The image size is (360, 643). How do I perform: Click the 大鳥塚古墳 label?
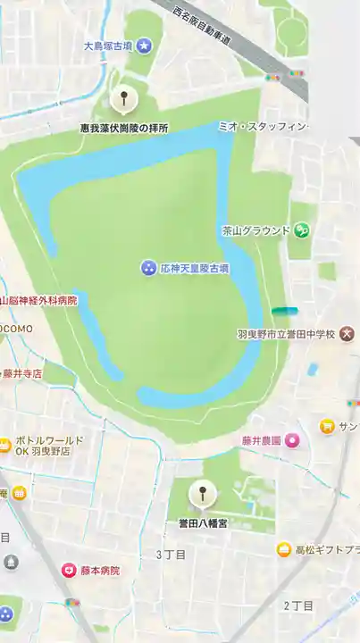107,45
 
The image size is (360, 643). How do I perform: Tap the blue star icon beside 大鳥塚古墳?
144,45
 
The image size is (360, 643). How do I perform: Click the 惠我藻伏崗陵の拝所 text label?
123,129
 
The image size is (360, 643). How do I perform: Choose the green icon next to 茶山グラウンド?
302,230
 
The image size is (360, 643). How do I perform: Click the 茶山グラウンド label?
256,230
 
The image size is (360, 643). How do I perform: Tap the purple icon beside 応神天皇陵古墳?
148,268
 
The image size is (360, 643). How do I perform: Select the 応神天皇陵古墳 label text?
195,268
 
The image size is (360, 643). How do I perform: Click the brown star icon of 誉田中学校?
347,334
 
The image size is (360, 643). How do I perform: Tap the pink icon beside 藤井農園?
292,440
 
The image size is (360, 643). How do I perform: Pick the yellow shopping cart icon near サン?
328,427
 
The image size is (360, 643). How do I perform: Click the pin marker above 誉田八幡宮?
204,492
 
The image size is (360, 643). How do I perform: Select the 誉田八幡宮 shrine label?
203,522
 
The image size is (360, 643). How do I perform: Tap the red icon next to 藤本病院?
69,570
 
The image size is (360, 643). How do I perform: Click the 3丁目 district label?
172,555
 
